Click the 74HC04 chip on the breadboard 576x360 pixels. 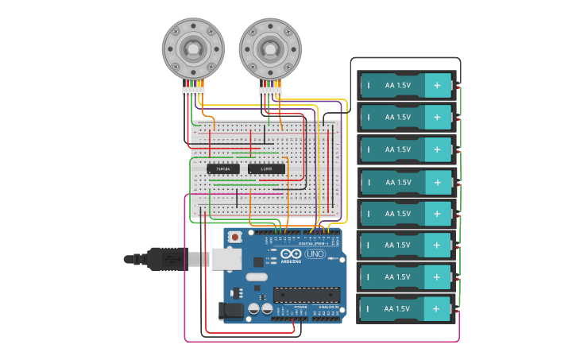point(223,168)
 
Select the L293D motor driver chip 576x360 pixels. point(266,168)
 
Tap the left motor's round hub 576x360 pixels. point(193,48)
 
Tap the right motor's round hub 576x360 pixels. point(270,48)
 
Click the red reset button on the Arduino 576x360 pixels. point(236,237)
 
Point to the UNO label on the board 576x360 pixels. point(315,254)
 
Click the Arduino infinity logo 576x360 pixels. point(291,254)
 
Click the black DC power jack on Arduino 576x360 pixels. point(231,311)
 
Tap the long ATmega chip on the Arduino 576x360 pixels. point(306,295)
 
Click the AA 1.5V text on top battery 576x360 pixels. point(398,85)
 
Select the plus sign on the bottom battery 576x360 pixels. point(437,309)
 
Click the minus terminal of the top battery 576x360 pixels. point(369,85)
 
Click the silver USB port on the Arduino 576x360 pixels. point(222,258)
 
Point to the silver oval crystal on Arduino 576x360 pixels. point(256,277)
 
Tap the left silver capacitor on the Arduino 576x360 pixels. point(253,308)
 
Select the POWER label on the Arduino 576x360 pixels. point(300,307)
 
